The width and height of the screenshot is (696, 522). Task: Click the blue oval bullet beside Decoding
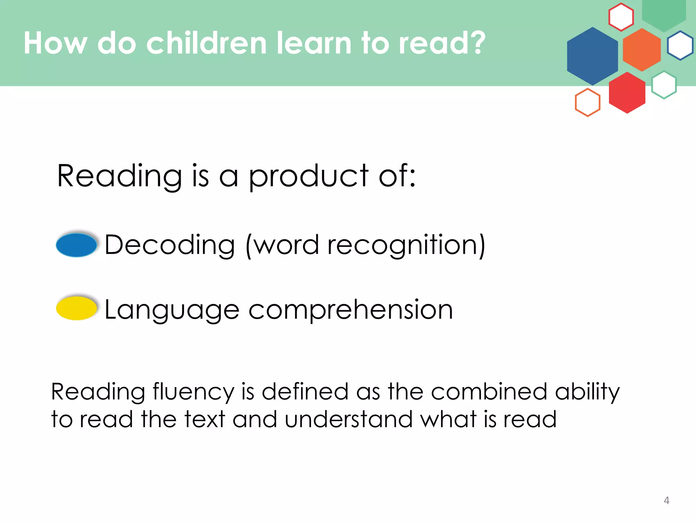pyautogui.click(x=76, y=245)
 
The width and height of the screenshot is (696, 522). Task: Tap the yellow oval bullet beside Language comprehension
pyautogui.click(x=76, y=308)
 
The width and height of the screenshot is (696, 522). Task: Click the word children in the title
pyautogui.click(x=206, y=43)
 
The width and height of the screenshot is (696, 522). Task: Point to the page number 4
pyautogui.click(x=666, y=500)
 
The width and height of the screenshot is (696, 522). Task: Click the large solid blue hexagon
pyautogui.click(x=592, y=56)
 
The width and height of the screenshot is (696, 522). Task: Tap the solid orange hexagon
pyautogui.click(x=642, y=50)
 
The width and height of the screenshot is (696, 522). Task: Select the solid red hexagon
pyautogui.click(x=627, y=92)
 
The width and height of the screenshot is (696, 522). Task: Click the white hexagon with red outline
pyautogui.click(x=621, y=17)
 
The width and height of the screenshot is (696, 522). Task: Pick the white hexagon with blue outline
pyautogui.click(x=680, y=46)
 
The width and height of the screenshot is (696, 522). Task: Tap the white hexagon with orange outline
pyautogui.click(x=588, y=102)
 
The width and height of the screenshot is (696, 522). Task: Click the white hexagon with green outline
pyautogui.click(x=664, y=85)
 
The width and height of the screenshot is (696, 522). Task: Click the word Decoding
pyautogui.click(x=170, y=245)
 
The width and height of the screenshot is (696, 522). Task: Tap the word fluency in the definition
pyautogui.click(x=193, y=392)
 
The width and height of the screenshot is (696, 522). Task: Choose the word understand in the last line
pyautogui.click(x=348, y=419)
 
